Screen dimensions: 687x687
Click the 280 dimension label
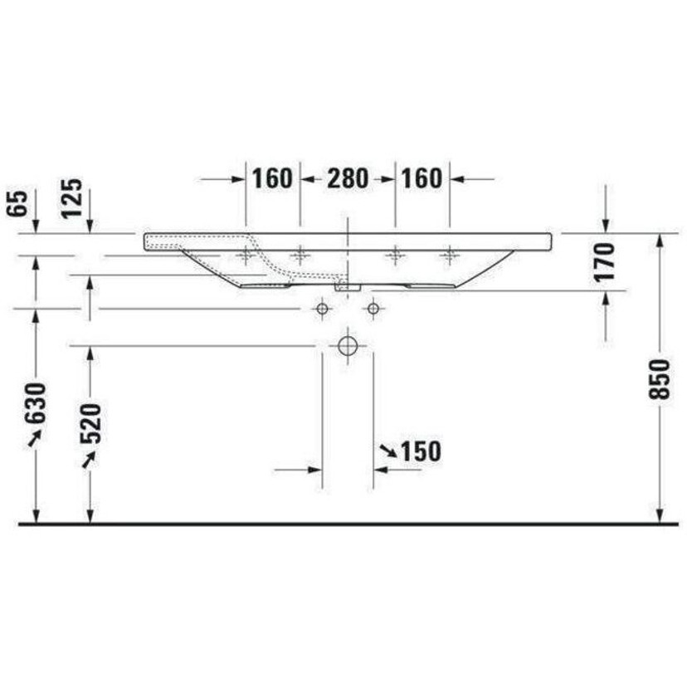pyautogui.click(x=348, y=178)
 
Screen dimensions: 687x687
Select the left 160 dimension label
pyautogui.click(x=272, y=178)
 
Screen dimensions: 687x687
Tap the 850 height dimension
pyautogui.click(x=660, y=379)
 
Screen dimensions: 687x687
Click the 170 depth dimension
pyautogui.click(x=605, y=261)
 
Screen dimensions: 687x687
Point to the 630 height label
pyautogui.click(x=35, y=403)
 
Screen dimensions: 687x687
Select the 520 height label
pyautogui.click(x=90, y=424)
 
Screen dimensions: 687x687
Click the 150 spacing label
pyautogui.click(x=421, y=451)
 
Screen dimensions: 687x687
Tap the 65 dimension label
pyautogui.click(x=17, y=204)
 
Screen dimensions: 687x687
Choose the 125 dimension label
pyautogui.click(x=71, y=198)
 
